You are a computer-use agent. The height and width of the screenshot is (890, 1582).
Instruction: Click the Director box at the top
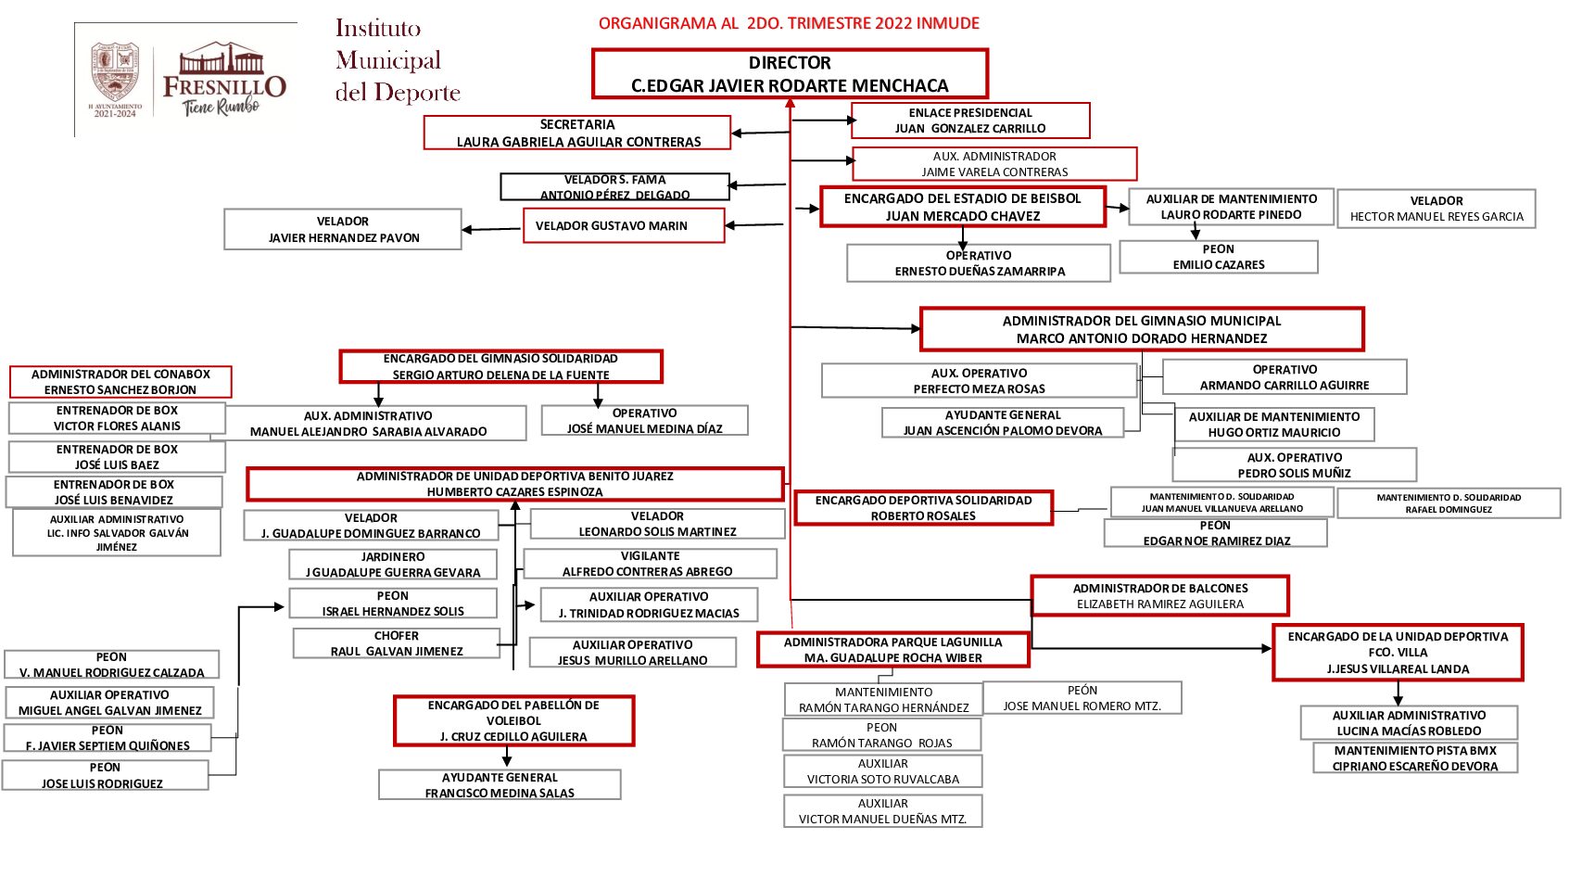[790, 74]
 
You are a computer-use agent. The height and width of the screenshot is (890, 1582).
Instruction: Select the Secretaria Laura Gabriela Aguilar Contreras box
[577, 133]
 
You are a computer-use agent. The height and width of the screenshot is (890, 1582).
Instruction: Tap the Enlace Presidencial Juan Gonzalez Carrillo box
[969, 121]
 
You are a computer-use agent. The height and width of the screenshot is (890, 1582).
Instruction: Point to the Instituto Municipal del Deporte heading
[397, 61]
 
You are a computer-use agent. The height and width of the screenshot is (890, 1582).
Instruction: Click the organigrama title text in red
[789, 23]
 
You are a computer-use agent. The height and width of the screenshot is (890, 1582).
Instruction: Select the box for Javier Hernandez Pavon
[343, 229]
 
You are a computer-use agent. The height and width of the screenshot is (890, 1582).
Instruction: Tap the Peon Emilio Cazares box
[1218, 257]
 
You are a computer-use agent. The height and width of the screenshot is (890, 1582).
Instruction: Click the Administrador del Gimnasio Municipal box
[1141, 329]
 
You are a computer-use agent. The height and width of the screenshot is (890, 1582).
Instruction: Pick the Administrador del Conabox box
[120, 382]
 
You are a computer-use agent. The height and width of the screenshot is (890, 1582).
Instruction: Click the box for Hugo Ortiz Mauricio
[1273, 425]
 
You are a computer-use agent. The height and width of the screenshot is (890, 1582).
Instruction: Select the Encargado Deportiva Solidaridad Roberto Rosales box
[923, 508]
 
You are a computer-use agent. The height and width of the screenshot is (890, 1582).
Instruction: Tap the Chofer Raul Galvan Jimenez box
[397, 643]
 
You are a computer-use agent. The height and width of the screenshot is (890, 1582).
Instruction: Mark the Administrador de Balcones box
[1159, 596]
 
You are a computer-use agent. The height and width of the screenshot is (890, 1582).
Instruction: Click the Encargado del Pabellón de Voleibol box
[513, 721]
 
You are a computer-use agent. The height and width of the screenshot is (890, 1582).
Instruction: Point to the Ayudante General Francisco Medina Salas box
[500, 785]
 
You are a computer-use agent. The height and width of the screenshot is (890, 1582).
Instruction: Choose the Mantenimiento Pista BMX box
[1414, 758]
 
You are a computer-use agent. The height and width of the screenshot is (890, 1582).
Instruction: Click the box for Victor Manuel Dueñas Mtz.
[882, 811]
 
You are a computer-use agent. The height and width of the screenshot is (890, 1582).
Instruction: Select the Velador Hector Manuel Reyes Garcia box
[1436, 209]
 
